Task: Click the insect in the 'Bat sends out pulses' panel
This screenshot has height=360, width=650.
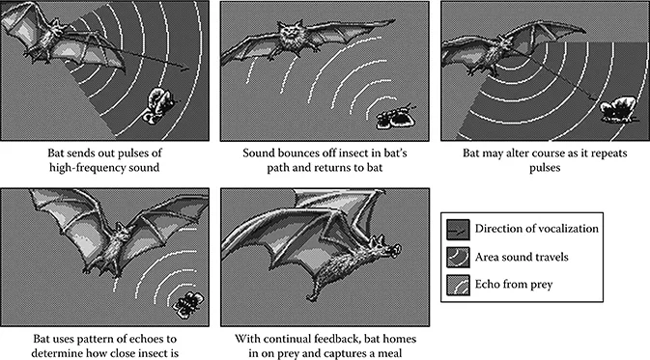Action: click(160, 105)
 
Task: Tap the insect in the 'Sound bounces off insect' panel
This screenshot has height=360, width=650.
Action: click(395, 117)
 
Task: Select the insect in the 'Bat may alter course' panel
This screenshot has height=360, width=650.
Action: click(618, 109)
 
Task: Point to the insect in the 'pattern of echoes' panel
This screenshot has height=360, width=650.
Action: click(189, 304)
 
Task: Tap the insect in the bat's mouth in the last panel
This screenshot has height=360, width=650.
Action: click(395, 250)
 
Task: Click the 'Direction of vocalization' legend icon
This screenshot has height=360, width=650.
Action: click(458, 230)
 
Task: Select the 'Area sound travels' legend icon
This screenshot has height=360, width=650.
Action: click(458, 258)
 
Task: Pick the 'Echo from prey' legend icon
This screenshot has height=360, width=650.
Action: click(458, 285)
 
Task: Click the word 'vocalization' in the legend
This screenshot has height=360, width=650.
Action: click(570, 229)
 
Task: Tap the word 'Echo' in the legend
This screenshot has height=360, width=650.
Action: click(486, 284)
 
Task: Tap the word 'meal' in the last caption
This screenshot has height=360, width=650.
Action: click(391, 353)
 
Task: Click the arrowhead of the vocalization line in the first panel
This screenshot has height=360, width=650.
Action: click(184, 68)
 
